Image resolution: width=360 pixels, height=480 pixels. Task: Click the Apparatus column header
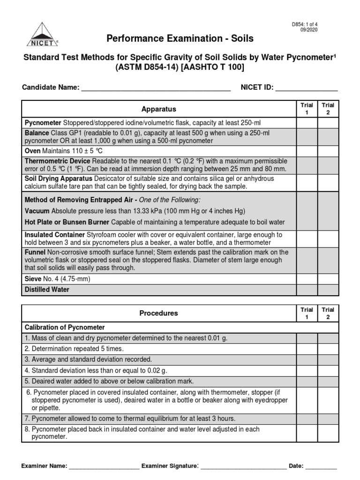[158, 109]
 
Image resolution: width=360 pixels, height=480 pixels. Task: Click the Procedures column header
[158, 313]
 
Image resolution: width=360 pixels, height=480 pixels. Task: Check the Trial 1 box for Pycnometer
[307, 123]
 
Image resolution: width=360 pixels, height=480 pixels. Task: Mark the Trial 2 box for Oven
[328, 151]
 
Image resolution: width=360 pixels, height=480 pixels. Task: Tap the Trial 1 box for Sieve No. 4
[307, 279]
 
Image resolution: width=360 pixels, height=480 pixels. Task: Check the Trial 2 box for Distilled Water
[328, 290]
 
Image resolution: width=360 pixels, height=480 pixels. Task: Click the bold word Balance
[37, 133]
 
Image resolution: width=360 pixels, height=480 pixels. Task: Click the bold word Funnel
[35, 252]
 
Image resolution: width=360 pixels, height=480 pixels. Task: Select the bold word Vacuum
[37, 210]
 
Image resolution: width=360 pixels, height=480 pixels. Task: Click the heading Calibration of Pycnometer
[65, 327]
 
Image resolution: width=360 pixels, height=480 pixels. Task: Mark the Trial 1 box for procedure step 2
[307, 349]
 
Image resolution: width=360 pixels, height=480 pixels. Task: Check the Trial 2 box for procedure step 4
[328, 370]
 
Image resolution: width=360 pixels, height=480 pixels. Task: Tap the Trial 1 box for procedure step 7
[307, 418]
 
